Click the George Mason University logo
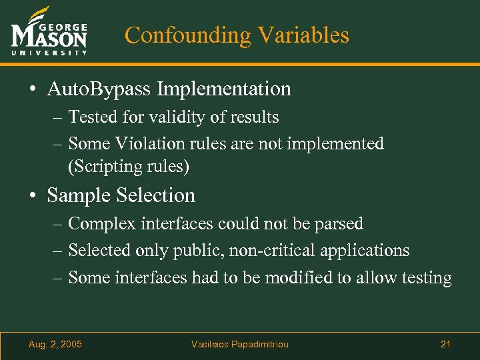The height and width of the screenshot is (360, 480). click(49, 33)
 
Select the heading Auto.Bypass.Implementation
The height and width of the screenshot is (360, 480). click(169, 89)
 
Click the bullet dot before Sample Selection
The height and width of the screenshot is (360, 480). click(33, 196)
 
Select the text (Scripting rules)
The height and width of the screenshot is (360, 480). click(129, 166)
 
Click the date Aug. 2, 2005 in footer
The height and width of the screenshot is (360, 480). click(56, 344)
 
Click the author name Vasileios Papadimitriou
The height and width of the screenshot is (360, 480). click(240, 344)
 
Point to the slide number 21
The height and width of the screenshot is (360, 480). click(446, 344)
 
